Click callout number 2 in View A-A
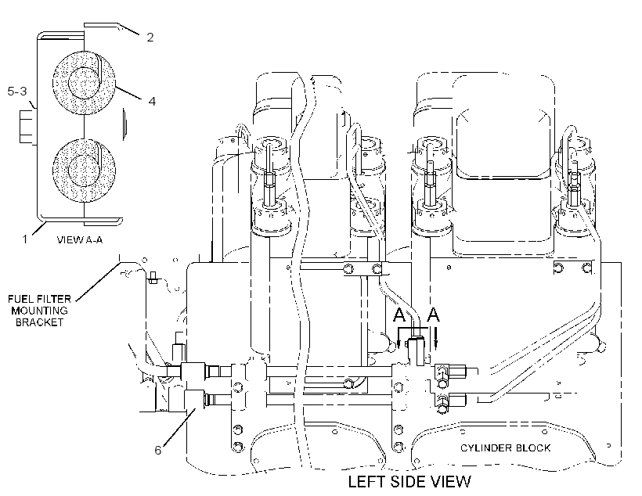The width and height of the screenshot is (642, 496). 150,38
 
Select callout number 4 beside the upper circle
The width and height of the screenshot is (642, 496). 152,101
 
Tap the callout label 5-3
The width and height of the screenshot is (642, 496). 17,91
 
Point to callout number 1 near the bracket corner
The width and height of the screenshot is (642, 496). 25,239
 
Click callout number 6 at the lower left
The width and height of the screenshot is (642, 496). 158,450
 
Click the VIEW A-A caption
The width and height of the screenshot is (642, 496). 79,240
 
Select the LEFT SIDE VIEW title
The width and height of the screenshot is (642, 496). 409,481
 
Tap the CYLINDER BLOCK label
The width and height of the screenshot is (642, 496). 505,448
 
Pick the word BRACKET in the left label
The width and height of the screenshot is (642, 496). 40,322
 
